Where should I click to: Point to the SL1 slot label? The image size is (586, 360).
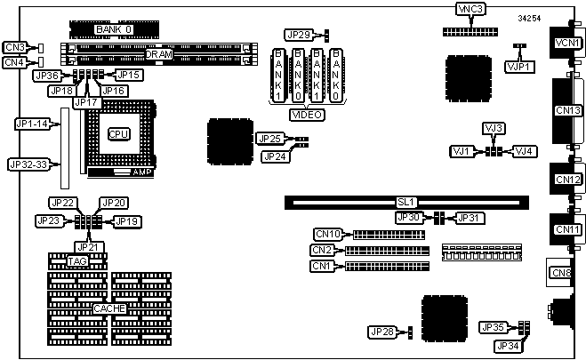tap(410, 203)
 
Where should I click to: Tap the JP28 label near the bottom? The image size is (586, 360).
tap(381, 332)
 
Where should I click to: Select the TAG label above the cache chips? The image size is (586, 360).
tap(77, 261)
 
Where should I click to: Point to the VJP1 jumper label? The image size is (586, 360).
tap(518, 65)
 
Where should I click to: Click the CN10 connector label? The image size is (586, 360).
tap(328, 235)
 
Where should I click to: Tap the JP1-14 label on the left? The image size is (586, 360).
tap(31, 124)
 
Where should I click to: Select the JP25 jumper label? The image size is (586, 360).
tap(269, 139)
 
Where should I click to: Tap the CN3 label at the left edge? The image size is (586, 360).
tap(14, 47)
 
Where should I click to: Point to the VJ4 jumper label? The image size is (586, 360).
tap(525, 151)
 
